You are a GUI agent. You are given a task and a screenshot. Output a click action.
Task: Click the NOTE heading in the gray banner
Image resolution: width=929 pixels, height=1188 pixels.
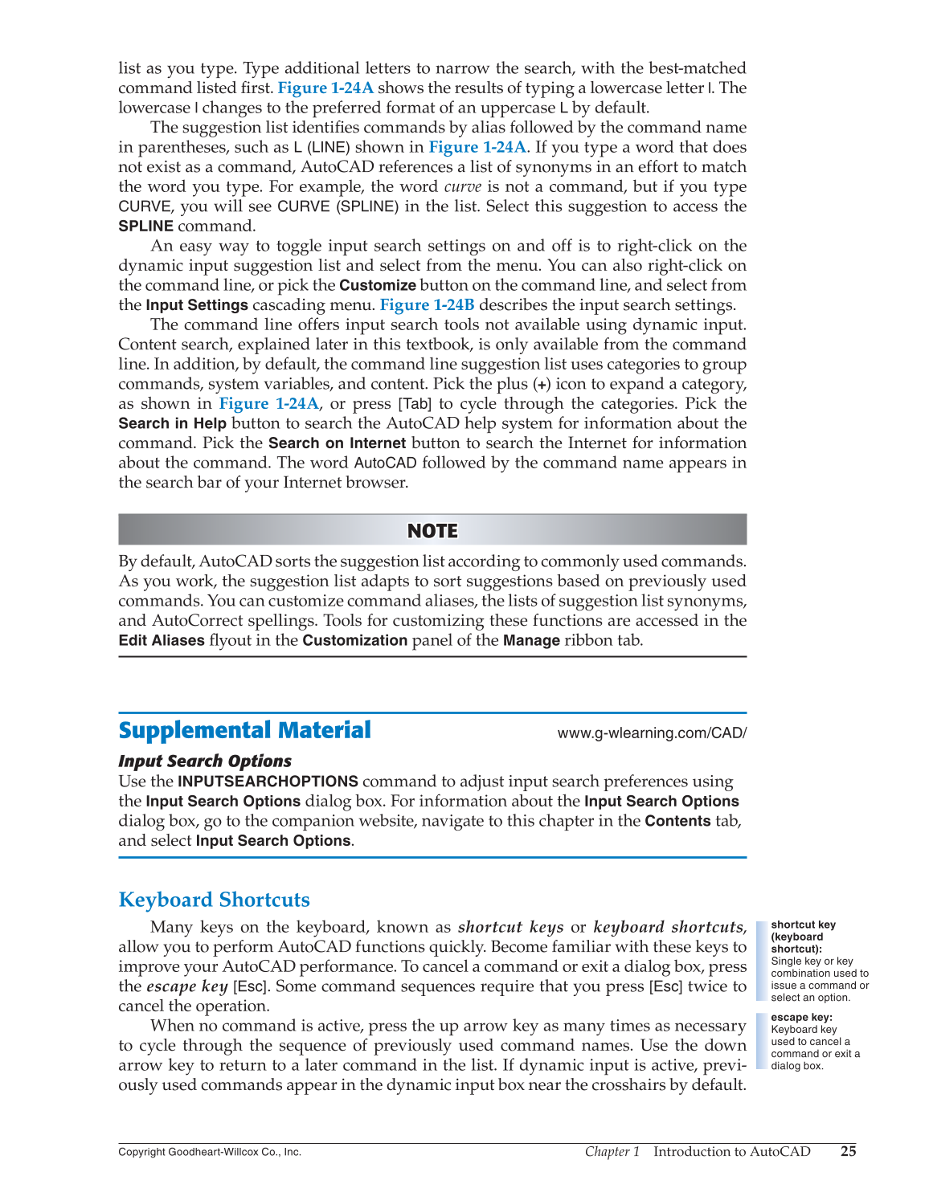point(432,531)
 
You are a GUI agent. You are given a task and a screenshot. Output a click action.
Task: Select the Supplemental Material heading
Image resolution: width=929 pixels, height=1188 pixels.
point(244,730)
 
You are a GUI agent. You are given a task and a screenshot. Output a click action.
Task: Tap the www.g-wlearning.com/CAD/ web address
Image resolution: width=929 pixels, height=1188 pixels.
point(652,733)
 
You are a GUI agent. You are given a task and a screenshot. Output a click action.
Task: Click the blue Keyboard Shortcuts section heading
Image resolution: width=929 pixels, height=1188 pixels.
point(214,900)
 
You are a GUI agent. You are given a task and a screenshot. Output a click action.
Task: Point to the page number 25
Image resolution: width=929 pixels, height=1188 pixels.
point(848,1151)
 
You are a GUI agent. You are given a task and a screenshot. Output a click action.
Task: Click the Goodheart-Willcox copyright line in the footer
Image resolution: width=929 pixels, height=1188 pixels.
point(210,1152)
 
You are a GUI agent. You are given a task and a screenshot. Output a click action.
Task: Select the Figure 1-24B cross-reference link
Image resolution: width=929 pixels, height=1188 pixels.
point(427,305)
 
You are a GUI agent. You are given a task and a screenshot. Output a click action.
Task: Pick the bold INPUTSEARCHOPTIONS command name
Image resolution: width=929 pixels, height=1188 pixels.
point(268,782)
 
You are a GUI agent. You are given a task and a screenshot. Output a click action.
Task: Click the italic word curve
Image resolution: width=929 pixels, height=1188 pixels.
point(462,187)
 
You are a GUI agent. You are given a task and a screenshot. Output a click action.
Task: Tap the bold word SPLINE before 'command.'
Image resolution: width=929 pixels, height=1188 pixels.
point(145,227)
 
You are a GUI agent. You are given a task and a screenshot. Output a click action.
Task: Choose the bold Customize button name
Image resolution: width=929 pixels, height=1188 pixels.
point(377,285)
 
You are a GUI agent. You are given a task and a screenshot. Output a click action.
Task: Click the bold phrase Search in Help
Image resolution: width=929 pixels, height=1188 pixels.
point(172,423)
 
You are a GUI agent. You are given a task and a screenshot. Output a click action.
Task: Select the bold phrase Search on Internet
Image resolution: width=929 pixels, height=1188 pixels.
point(337,443)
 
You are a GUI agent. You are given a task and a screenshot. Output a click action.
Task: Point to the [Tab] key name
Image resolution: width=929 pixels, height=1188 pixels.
point(415,404)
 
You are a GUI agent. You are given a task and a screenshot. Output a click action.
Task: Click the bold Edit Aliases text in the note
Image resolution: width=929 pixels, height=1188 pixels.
point(161,641)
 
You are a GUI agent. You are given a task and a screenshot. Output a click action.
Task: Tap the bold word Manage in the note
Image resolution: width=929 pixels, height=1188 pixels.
point(530,641)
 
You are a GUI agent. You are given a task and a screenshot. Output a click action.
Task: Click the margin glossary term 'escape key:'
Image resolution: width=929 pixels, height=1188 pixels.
point(801,1018)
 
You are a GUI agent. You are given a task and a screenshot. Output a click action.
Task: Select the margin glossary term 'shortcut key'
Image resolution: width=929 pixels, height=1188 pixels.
point(803,925)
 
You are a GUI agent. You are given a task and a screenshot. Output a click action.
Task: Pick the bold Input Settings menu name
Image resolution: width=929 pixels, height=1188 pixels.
point(196,305)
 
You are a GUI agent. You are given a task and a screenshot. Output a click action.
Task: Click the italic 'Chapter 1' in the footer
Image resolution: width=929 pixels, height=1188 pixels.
point(612,1151)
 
